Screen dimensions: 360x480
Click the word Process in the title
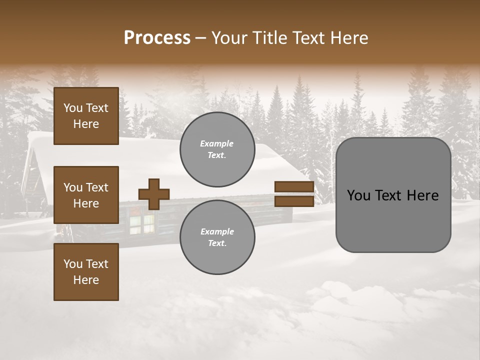(x=157, y=38)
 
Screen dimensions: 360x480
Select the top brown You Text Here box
(x=86, y=116)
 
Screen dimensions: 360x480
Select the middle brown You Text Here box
(x=86, y=195)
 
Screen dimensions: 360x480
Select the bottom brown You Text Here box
(x=86, y=272)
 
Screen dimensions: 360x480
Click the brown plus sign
(x=154, y=194)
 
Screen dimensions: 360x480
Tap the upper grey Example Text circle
(x=217, y=149)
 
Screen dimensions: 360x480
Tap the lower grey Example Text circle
(x=217, y=237)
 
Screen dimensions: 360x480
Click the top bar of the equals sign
(x=294, y=186)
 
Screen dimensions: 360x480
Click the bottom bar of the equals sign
(x=294, y=201)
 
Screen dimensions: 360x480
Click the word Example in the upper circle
(x=217, y=143)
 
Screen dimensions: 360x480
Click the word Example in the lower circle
(x=217, y=231)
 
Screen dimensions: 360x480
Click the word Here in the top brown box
(x=86, y=124)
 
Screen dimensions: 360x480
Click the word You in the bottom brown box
(x=73, y=264)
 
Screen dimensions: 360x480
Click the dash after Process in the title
(x=200, y=38)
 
